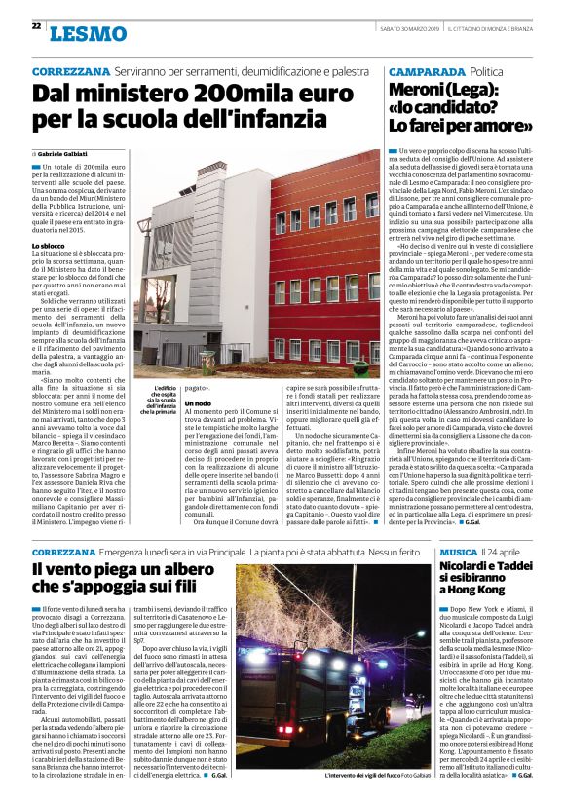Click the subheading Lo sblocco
50,245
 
